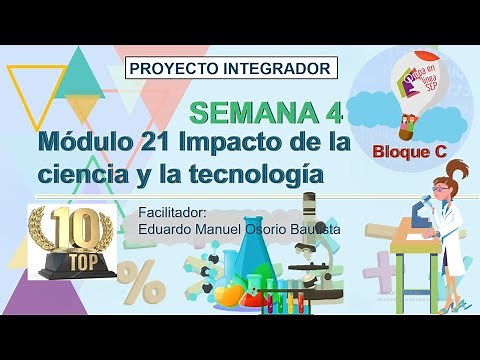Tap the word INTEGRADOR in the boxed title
click(279, 69)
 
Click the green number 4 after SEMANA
click(332, 110)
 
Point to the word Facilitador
click(173, 213)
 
